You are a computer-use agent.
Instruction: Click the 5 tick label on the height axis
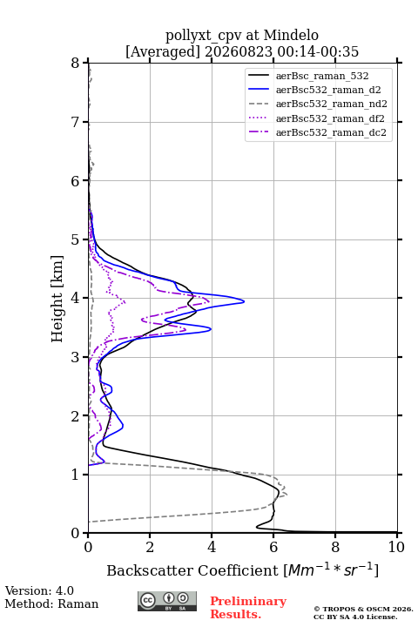click(75, 239)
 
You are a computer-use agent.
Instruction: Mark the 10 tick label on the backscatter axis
click(396, 547)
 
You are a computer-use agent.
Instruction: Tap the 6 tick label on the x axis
click(273, 547)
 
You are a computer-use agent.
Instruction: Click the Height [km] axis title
click(57, 299)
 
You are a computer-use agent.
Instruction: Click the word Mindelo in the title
click(291, 35)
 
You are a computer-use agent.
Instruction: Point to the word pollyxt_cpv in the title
click(204, 36)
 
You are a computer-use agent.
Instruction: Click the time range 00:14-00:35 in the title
click(317, 51)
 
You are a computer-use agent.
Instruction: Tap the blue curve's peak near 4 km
click(244, 301)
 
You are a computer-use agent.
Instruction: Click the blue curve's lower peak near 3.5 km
click(211, 329)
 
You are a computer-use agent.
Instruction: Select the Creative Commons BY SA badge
click(167, 601)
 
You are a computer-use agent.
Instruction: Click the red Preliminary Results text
click(248, 608)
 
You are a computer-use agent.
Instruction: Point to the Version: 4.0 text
click(39, 590)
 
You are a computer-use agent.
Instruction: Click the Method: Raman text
click(51, 603)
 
